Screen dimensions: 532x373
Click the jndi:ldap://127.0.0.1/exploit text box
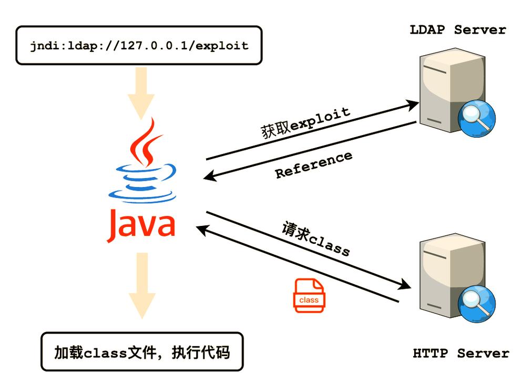pos(139,45)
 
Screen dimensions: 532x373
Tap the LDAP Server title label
pos(458,30)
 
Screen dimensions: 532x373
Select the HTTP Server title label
pos(461,354)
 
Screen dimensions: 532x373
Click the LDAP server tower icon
pos(452,90)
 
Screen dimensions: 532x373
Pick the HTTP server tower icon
pos(452,275)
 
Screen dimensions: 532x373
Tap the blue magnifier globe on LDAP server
pos(476,118)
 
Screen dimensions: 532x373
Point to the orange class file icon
pos(309,295)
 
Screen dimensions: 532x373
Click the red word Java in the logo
pos(141,224)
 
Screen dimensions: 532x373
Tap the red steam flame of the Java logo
pos(145,142)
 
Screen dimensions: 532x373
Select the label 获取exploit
pos(305,123)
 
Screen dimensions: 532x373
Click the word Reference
pos(313,165)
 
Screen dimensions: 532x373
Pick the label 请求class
pos(315,239)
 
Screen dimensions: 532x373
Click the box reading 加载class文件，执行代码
pos(142,351)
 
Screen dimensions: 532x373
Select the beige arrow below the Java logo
pos(142,285)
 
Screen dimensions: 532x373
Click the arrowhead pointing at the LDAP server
pos(412,105)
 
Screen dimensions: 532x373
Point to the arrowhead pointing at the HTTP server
pos(404,284)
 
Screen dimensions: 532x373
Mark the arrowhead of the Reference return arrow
pos(210,175)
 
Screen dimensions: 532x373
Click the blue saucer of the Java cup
pos(142,196)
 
